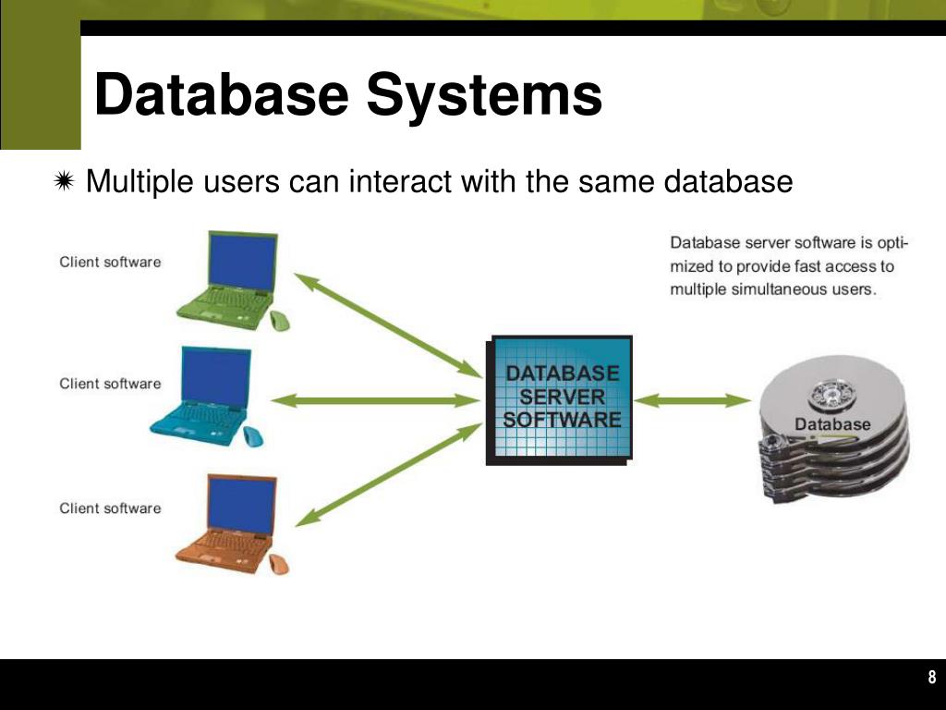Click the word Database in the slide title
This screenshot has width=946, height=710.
[x=222, y=95]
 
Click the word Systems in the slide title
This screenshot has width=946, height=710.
[x=484, y=95]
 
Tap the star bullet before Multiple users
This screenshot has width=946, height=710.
[x=65, y=182]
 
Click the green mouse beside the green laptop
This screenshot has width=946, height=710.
[x=279, y=321]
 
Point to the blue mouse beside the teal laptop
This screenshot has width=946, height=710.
[x=253, y=436]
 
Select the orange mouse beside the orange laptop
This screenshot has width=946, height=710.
[x=279, y=564]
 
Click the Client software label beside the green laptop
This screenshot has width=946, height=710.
[x=110, y=262]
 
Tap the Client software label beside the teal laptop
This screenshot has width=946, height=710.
[x=110, y=384]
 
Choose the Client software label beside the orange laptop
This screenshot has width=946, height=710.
[x=110, y=508]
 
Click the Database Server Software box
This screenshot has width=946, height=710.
[x=560, y=399]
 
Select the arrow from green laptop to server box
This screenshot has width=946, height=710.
[x=388, y=324]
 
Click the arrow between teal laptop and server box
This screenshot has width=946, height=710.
[x=373, y=400]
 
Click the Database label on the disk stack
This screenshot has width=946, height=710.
[x=832, y=424]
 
